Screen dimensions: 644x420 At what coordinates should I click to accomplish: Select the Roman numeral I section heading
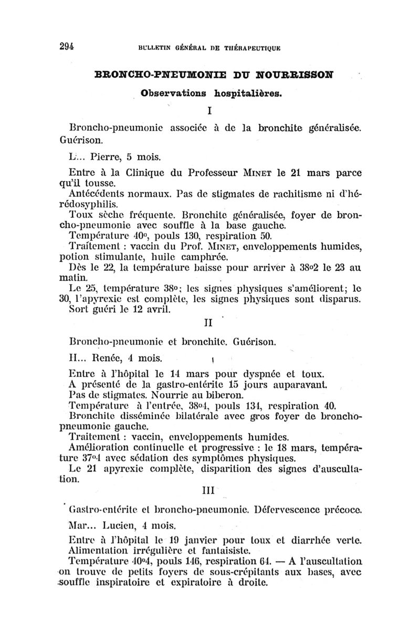209,112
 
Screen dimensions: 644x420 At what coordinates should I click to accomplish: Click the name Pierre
108,156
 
